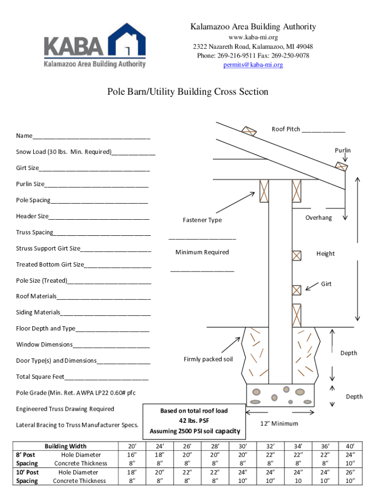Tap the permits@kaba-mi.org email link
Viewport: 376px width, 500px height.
[x=253, y=65]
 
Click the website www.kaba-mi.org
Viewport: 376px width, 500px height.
[x=253, y=37]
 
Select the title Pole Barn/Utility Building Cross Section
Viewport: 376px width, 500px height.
[x=188, y=92]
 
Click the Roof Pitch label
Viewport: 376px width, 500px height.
[x=286, y=129]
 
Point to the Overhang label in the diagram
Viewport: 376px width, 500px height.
[x=318, y=218]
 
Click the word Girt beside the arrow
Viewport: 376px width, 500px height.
[x=326, y=284]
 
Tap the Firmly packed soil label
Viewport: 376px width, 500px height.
[x=208, y=359]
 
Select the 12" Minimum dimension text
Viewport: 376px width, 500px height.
[x=279, y=423]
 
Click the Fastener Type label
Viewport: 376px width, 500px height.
[x=202, y=220]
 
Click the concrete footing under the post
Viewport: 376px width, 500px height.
[x=280, y=395]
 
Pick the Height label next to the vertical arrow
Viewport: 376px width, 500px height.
[x=325, y=253]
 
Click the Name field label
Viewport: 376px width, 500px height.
[x=24, y=136]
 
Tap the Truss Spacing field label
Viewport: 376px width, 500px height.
[x=35, y=232]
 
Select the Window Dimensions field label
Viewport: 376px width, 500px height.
[x=44, y=345]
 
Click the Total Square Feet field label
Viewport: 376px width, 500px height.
[x=40, y=377]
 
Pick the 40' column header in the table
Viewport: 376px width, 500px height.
[x=350, y=446]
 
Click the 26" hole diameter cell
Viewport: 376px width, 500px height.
[x=350, y=472]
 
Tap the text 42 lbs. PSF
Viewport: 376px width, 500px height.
[x=194, y=420]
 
